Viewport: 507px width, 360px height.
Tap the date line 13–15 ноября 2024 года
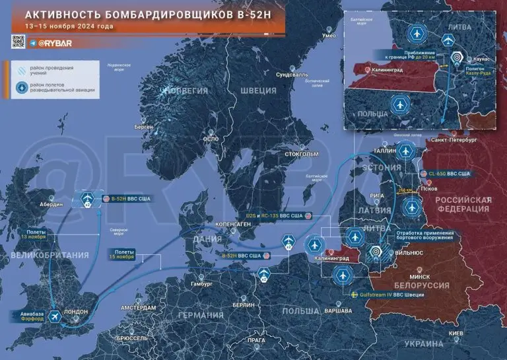(69, 27)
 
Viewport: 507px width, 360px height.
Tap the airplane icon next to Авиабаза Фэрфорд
(54, 317)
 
